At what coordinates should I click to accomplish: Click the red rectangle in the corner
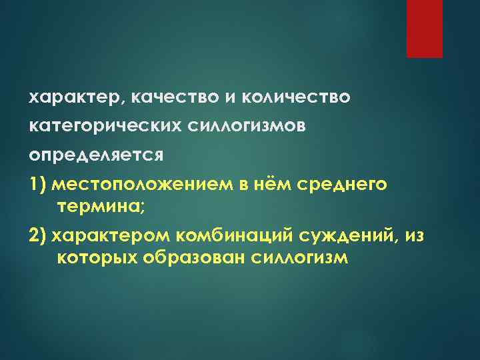click(425, 29)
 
